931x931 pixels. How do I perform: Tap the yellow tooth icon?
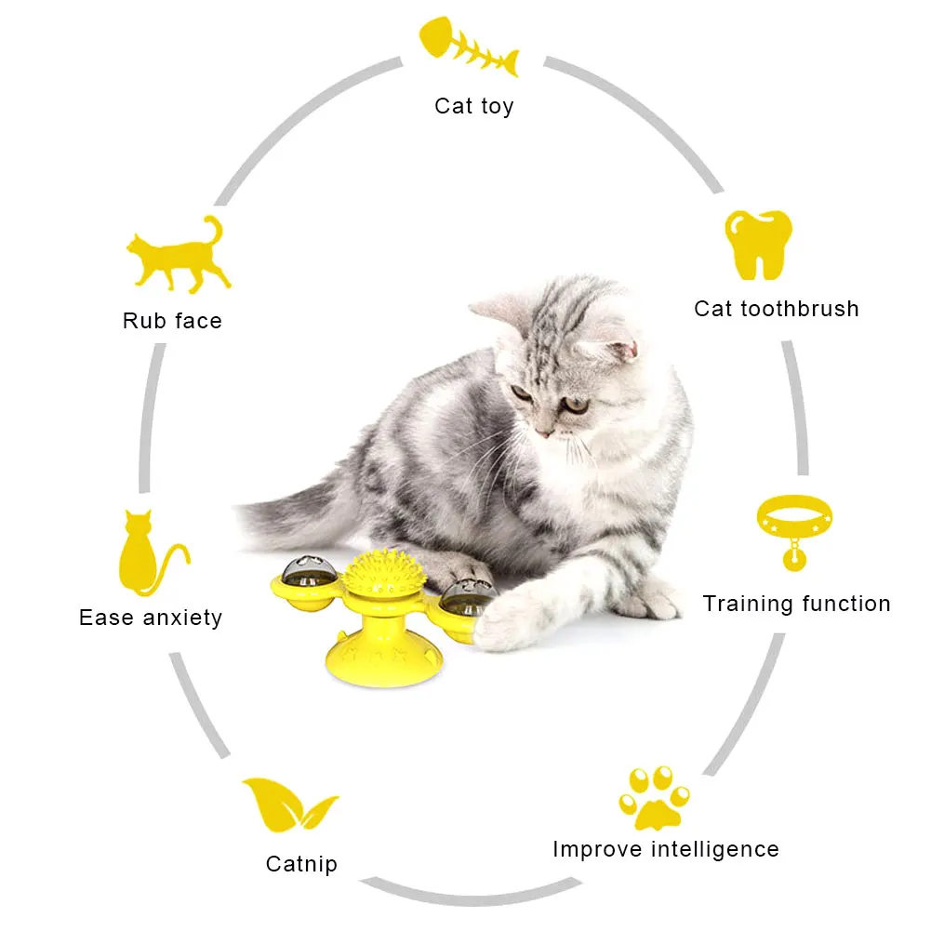coord(758,245)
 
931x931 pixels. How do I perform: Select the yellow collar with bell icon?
coord(794,531)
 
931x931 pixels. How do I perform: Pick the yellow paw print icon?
coord(654,799)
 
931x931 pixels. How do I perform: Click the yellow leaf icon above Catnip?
coord(289,805)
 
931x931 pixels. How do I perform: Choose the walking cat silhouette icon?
coord(179,256)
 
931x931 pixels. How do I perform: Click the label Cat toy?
coord(473,106)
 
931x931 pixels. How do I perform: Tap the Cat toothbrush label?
coord(777,309)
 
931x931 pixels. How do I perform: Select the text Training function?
coord(797,604)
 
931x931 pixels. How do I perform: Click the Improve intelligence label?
coord(666,850)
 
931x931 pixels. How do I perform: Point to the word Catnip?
coord(301,865)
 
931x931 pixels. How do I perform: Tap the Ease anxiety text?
coord(151,618)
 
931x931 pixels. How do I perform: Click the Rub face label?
coord(172,321)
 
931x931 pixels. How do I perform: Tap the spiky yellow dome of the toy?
coord(383,572)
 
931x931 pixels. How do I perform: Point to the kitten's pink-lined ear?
coord(618,351)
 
